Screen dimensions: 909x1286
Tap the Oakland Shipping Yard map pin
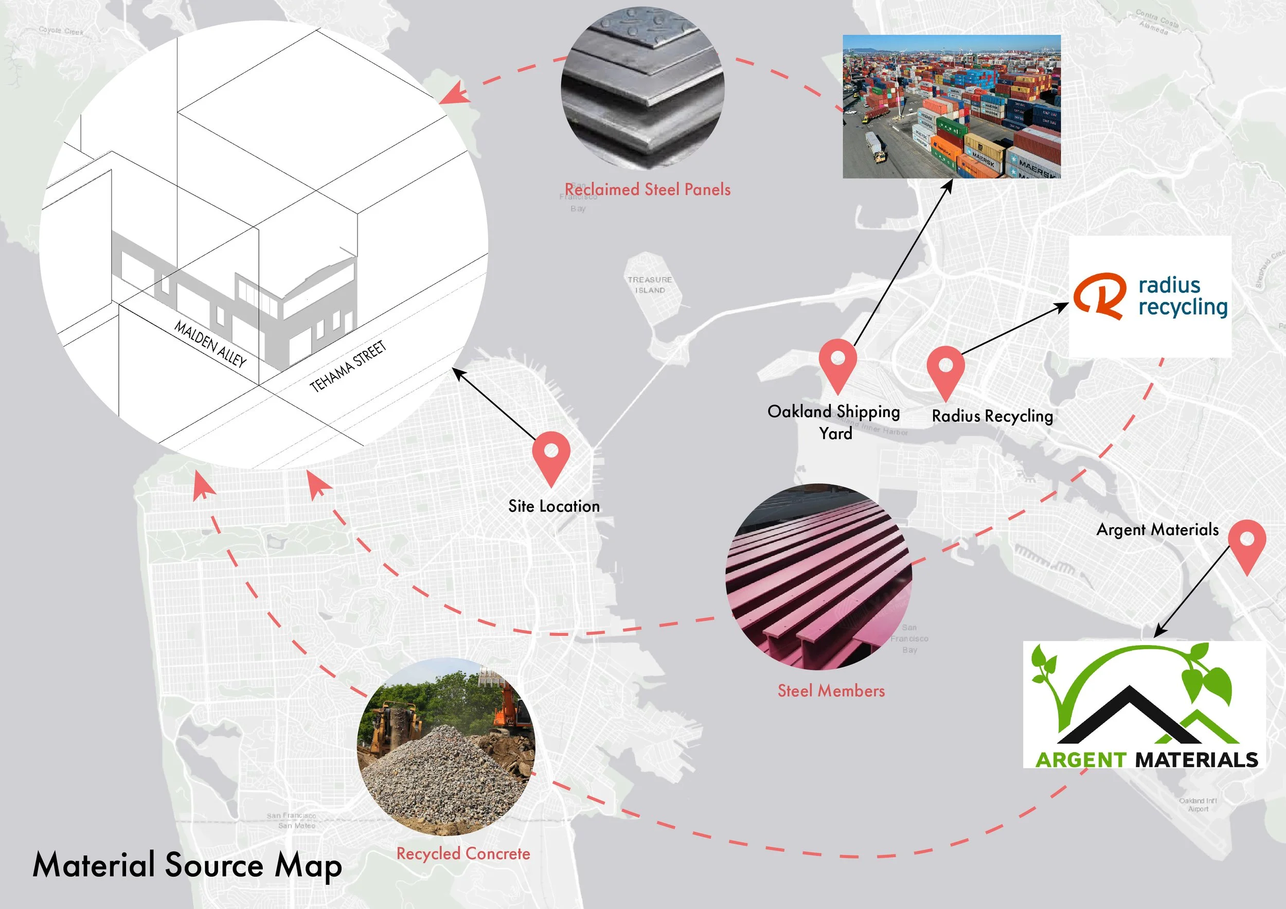point(837,360)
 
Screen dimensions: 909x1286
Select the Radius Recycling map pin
point(945,367)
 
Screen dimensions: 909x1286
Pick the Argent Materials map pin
point(1247,541)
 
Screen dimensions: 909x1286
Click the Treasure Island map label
point(650,284)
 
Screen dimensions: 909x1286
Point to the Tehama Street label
point(348,366)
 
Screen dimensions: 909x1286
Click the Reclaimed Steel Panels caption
point(648,190)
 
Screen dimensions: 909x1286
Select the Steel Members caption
point(831,691)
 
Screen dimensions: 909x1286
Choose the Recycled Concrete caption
point(463,853)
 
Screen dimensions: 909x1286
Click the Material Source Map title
point(187,865)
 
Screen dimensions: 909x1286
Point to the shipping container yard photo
point(952,106)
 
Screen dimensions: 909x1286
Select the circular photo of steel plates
point(643,88)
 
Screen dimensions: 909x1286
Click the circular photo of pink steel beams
point(819,577)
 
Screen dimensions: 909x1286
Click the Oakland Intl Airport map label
point(1198,805)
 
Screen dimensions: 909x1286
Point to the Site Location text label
point(554,506)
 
